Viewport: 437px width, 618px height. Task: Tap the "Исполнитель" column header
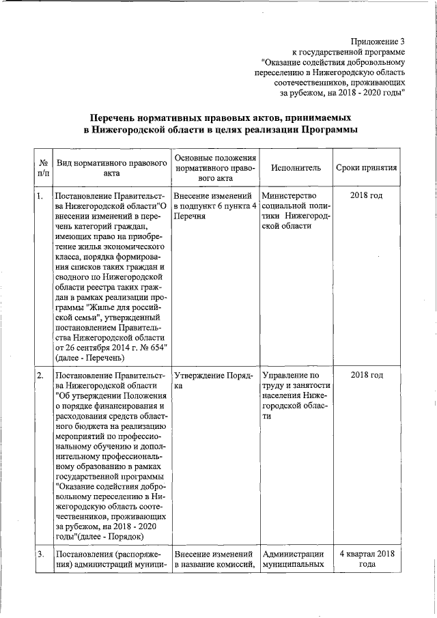click(295, 168)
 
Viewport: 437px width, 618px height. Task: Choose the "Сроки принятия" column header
click(366, 168)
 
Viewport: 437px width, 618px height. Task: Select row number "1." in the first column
click(40, 197)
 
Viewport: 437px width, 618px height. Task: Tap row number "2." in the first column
click(40, 375)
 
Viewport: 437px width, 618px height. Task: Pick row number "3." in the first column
click(40, 553)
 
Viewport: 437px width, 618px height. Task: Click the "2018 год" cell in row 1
click(366, 197)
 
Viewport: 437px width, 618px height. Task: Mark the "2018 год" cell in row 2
click(366, 375)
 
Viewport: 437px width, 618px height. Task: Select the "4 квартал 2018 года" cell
click(367, 559)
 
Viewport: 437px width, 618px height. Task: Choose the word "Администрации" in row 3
click(292, 553)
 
